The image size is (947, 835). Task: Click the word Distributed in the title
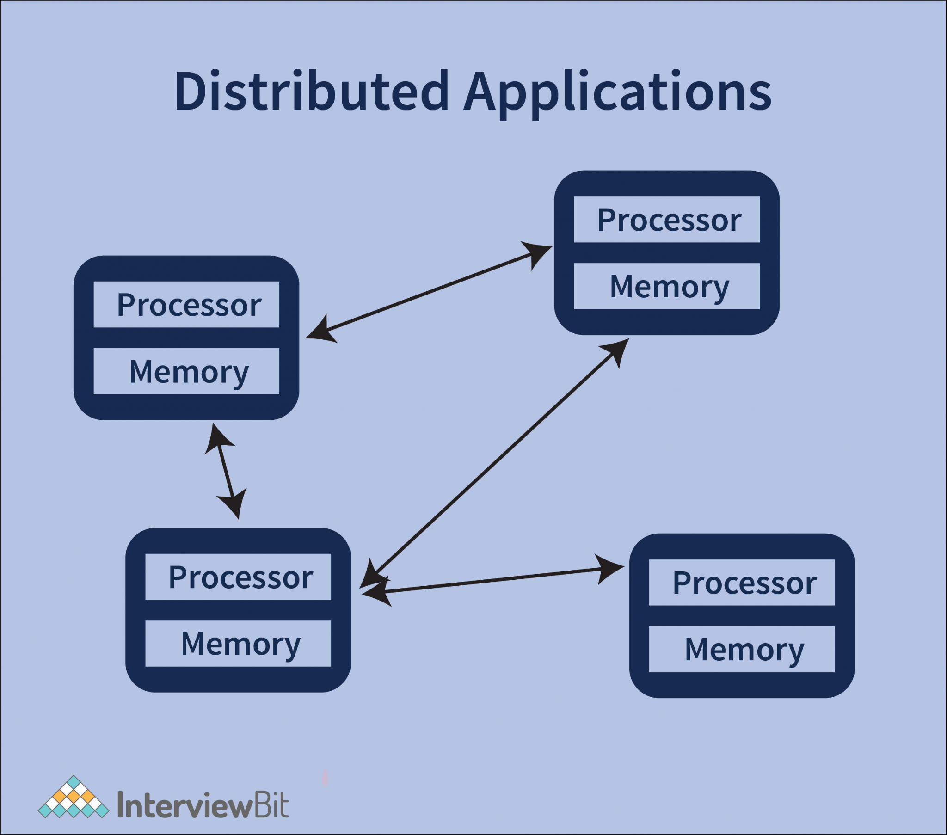click(x=311, y=91)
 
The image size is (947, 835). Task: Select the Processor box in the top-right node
click(x=667, y=220)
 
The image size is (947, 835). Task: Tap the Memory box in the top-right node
click(x=667, y=286)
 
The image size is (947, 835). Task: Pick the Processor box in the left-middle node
click(x=186, y=304)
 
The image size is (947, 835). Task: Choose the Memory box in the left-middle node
click(x=186, y=371)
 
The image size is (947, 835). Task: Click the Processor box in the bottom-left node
click(x=238, y=577)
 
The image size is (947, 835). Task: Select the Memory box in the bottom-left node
click(x=238, y=644)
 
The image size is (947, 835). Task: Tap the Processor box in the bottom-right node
click(x=742, y=583)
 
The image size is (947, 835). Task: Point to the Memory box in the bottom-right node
click(x=742, y=649)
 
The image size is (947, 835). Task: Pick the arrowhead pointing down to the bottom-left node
click(x=234, y=503)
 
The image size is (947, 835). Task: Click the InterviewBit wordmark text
click(x=203, y=805)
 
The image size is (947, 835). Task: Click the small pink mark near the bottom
click(x=325, y=778)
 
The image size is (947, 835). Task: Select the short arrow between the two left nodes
click(x=226, y=471)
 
